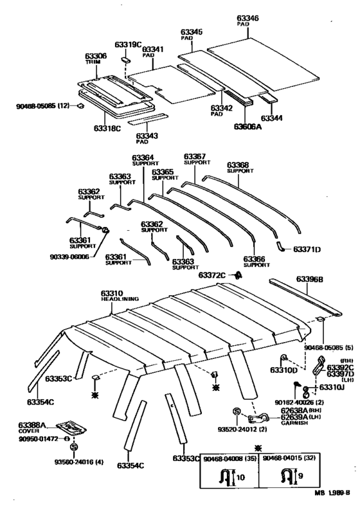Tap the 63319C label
[x=128, y=44]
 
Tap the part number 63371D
[x=307, y=248]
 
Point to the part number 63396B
[x=309, y=280]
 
